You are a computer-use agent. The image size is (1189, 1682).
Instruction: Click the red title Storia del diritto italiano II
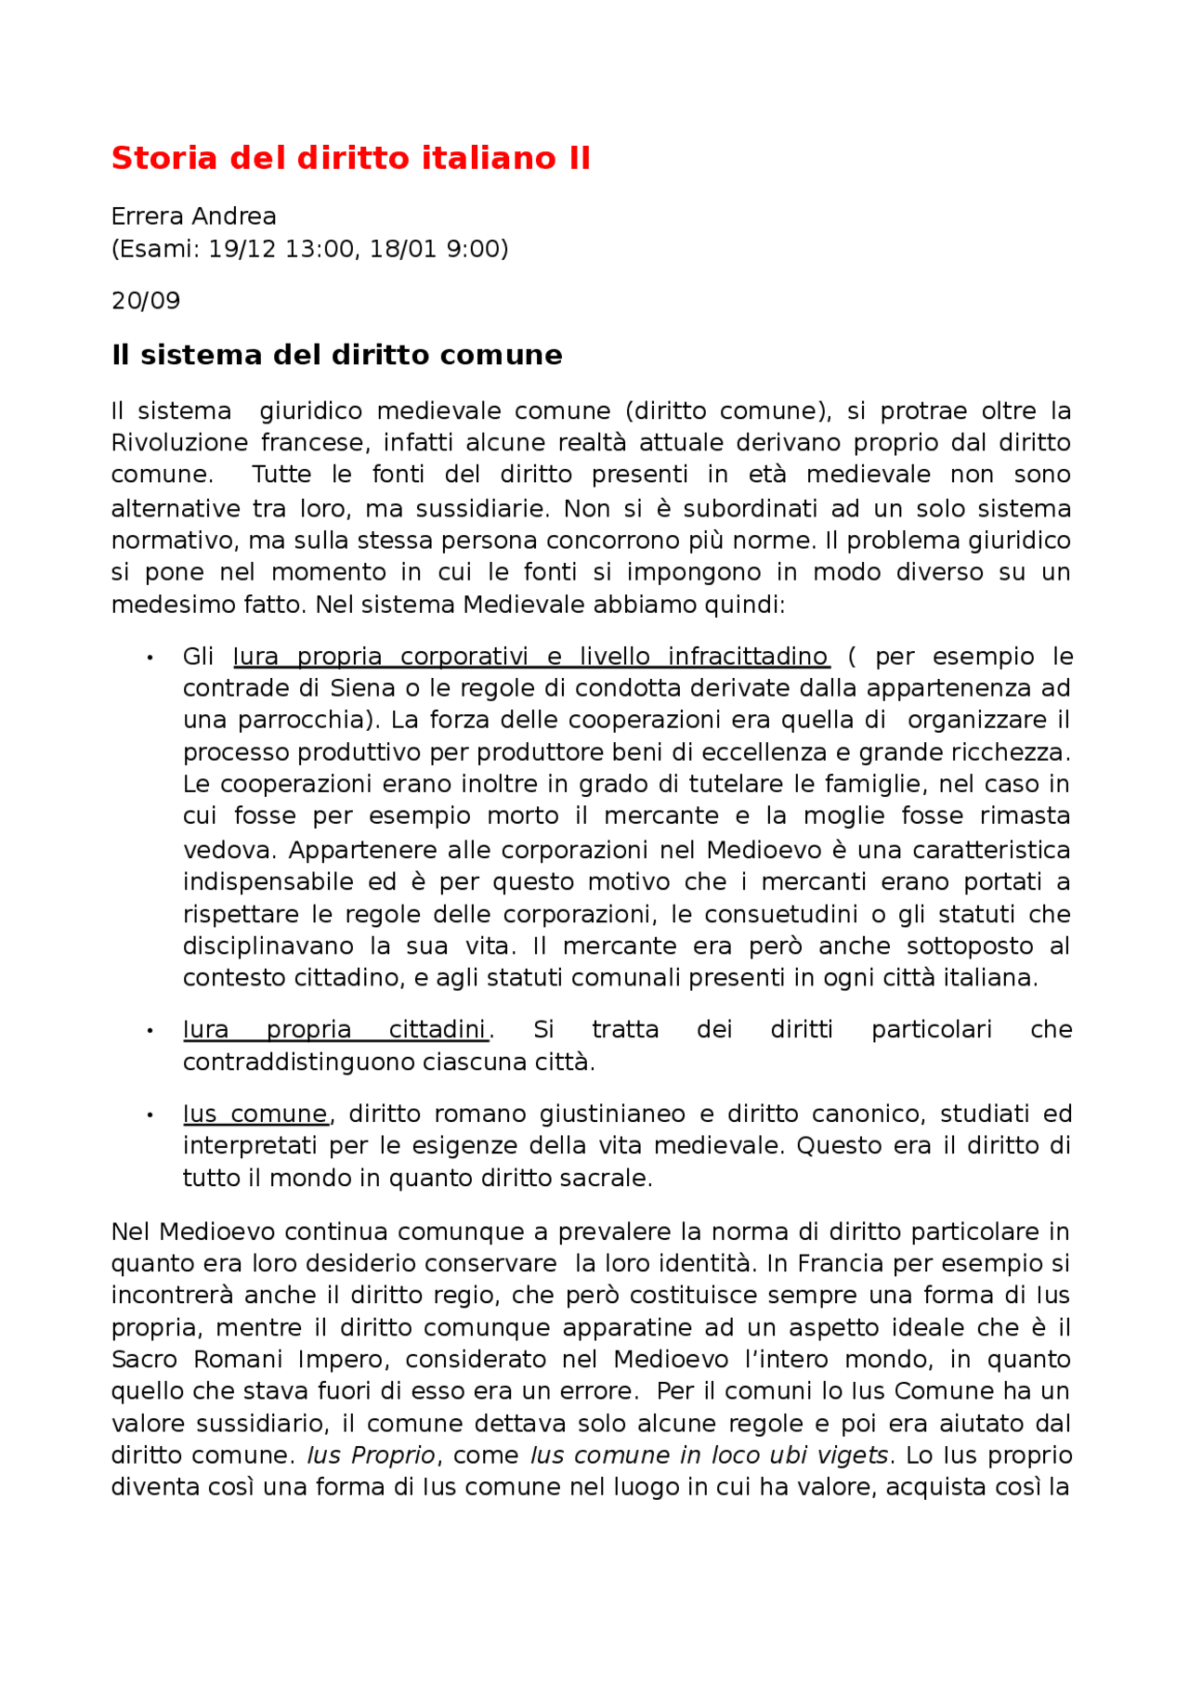point(350,159)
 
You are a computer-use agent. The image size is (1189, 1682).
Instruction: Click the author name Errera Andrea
point(193,216)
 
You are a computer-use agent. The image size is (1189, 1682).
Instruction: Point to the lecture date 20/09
point(146,301)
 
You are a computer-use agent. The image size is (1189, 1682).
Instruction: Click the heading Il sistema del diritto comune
point(336,355)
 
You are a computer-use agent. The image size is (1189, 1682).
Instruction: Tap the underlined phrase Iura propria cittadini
point(334,1030)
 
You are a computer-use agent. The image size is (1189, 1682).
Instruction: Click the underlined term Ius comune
point(255,1115)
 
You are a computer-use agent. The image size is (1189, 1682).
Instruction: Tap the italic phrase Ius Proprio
point(371,1455)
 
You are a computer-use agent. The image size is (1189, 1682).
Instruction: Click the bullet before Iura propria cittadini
point(150,1031)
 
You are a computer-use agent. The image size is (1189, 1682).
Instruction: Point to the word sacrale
point(610,1179)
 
